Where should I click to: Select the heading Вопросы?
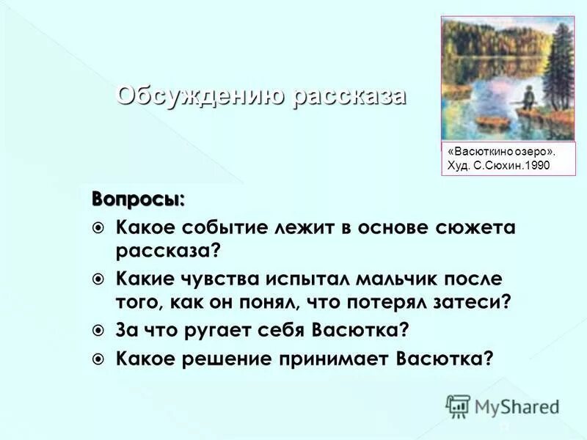click(x=138, y=198)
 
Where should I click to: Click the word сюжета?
click(x=479, y=228)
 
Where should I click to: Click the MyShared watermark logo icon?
click(x=458, y=406)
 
